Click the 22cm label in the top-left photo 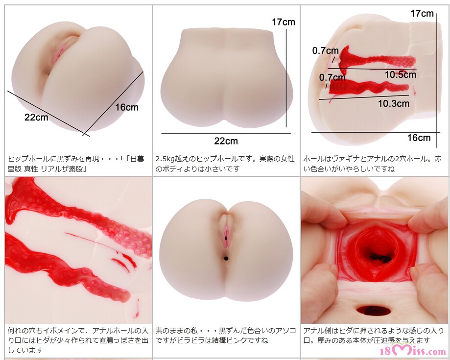(x=36, y=117)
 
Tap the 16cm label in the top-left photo (x=127, y=107)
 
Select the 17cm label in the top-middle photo (x=283, y=22)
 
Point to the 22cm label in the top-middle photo (x=226, y=141)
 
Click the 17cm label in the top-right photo (x=422, y=13)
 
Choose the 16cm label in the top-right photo (x=419, y=138)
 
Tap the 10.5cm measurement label (x=401, y=74)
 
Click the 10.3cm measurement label (x=394, y=103)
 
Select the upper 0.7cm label (x=326, y=51)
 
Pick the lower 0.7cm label (x=332, y=77)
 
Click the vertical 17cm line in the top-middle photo (x=286, y=77)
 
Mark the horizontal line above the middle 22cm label (x=226, y=134)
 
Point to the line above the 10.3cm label (x=364, y=97)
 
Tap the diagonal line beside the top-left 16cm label (x=113, y=103)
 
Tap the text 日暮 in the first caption (x=137, y=159)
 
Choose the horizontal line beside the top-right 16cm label (x=376, y=132)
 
